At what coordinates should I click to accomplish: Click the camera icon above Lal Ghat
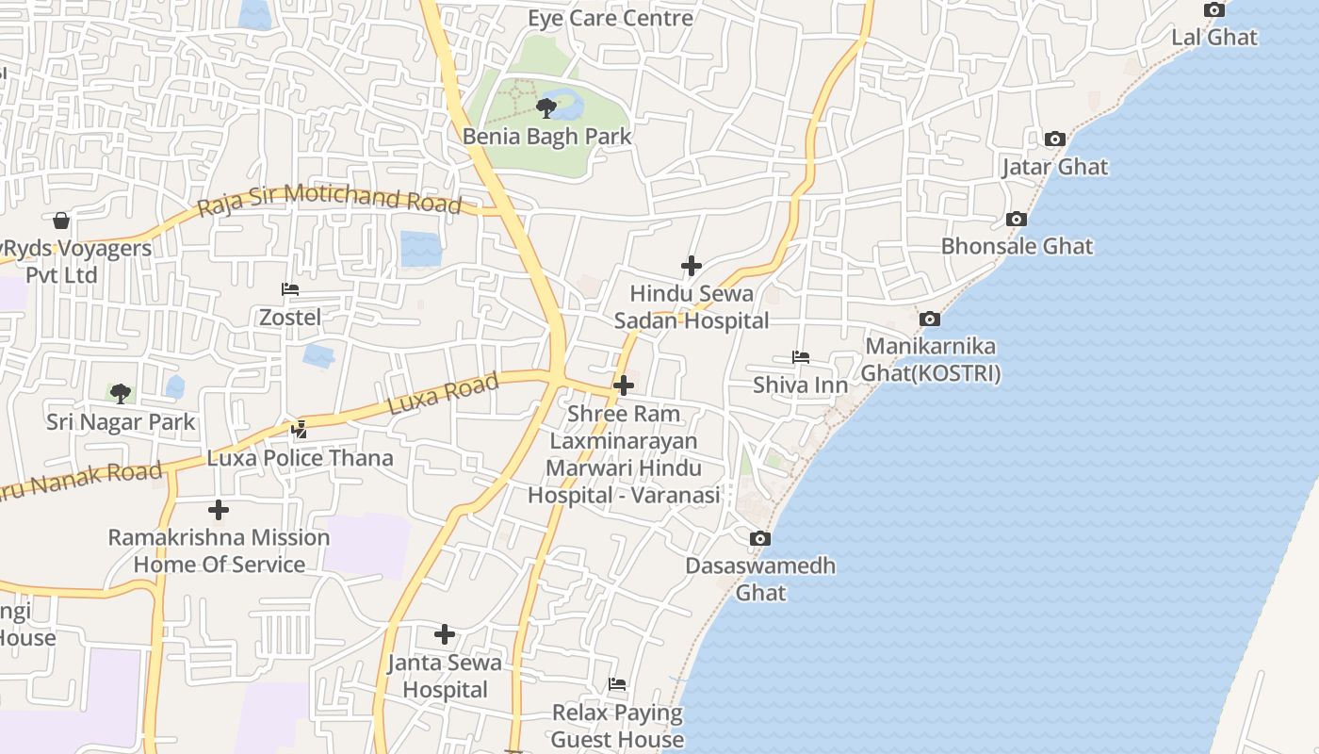(x=1214, y=10)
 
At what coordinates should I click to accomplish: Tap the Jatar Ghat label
(x=1054, y=167)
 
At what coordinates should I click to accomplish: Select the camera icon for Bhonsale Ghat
(x=1016, y=219)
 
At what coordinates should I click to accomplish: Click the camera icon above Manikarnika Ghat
(x=930, y=319)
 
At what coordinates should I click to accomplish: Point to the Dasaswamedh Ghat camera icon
(x=759, y=539)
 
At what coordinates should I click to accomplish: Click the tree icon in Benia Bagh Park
(x=546, y=108)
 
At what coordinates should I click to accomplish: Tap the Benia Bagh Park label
(x=546, y=136)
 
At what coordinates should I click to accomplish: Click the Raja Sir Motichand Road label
(x=330, y=199)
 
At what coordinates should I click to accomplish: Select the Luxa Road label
(x=443, y=395)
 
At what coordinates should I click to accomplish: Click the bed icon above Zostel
(x=290, y=289)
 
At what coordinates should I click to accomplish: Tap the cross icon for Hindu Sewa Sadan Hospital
(x=691, y=266)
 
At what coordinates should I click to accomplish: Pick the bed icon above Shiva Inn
(x=800, y=357)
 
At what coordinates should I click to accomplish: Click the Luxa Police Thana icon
(x=299, y=430)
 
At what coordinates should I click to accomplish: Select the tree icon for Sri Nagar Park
(x=120, y=393)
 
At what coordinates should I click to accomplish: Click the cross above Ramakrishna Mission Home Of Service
(x=219, y=510)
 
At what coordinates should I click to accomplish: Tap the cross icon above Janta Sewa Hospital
(x=445, y=634)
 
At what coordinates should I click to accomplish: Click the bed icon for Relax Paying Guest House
(x=617, y=684)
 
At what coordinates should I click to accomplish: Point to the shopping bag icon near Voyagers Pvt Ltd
(x=61, y=221)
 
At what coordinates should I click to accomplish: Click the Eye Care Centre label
(x=610, y=18)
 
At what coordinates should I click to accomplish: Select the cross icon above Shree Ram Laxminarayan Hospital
(x=623, y=385)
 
